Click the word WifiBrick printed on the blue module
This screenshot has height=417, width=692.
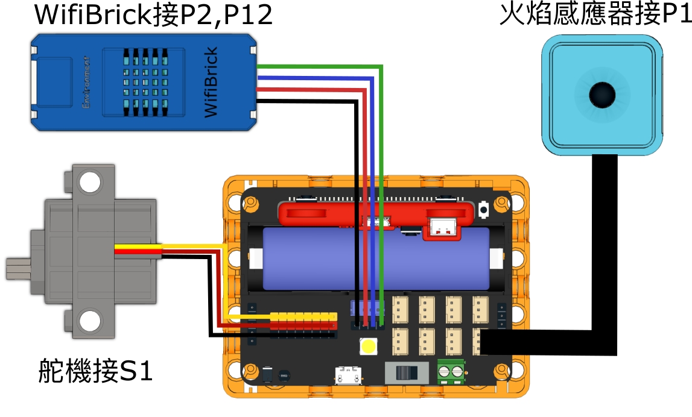click(211, 83)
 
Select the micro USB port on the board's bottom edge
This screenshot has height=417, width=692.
click(346, 376)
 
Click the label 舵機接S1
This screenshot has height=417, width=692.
click(95, 371)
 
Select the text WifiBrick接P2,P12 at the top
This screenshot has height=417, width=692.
click(154, 14)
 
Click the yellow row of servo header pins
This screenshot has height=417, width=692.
click(303, 316)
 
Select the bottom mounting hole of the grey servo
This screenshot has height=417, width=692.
click(89, 320)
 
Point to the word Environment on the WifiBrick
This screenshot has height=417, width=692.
click(86, 83)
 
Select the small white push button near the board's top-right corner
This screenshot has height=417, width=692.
click(483, 210)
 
